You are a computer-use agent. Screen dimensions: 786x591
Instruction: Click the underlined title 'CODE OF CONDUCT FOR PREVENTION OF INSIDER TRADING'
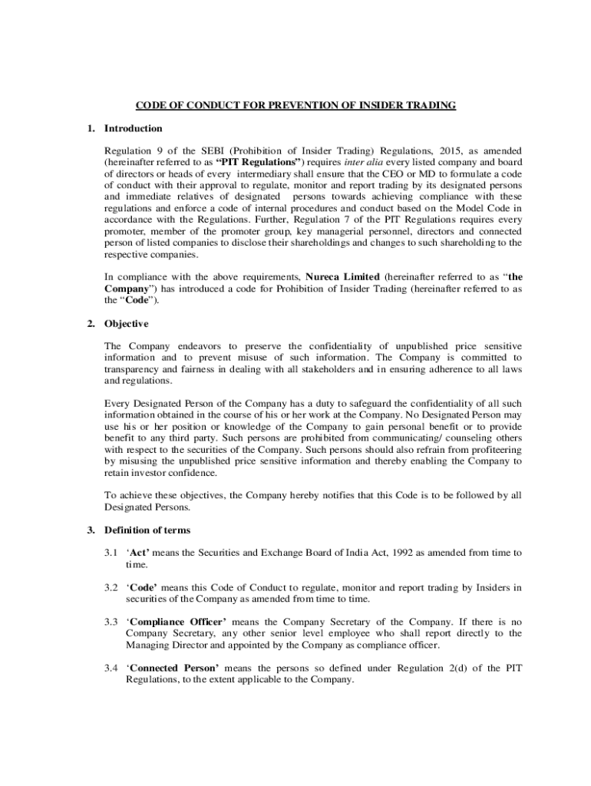[295, 105]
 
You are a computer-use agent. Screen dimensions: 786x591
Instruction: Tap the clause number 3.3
[111, 622]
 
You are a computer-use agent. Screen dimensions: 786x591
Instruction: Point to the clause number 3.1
[111, 553]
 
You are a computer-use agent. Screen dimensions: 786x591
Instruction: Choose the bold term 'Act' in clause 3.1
[138, 553]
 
